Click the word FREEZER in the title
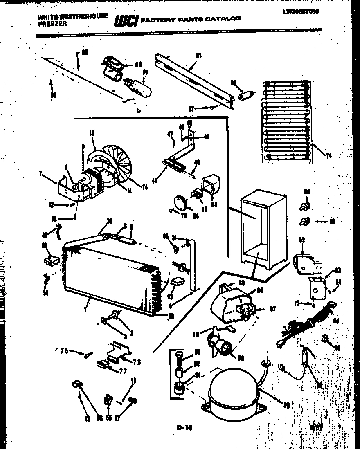click(x=49, y=23)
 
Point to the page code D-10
click(x=184, y=428)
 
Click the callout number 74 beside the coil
click(x=328, y=155)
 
